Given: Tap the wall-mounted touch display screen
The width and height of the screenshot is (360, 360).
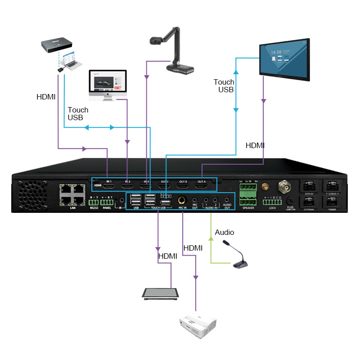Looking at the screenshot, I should click(x=284, y=60).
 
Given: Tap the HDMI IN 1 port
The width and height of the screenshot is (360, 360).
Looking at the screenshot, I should click(x=108, y=185).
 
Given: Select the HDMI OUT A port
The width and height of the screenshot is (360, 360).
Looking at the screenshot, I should click(x=201, y=185).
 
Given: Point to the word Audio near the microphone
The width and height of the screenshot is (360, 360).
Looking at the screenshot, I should click(x=225, y=233).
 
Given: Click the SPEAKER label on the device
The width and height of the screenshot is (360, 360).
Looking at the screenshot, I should click(x=248, y=208).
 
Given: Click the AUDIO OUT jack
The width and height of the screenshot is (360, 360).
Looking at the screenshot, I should click(x=227, y=200).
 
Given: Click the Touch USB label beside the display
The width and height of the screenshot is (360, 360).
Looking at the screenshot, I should click(x=224, y=85).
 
